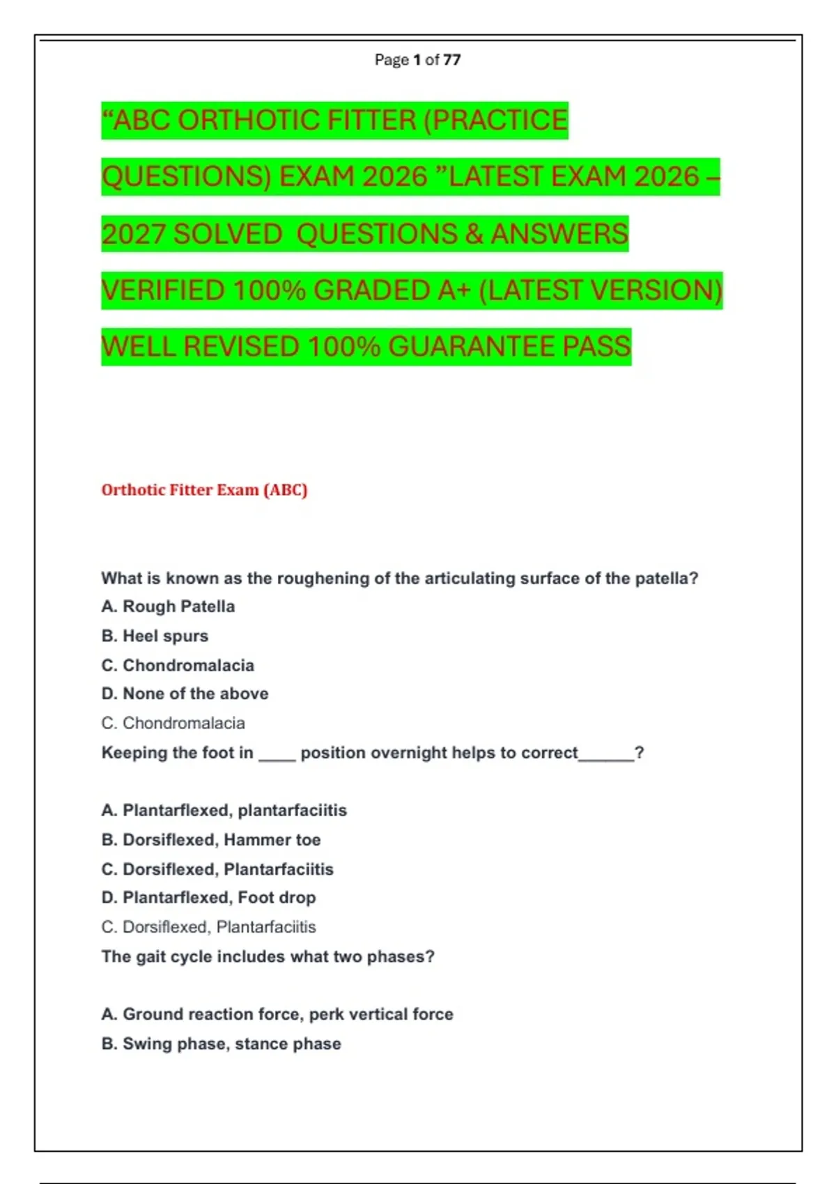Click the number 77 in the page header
[451, 60]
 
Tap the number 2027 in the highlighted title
[133, 234]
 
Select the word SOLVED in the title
[227, 234]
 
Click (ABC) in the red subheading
[285, 490]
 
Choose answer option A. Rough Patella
[168, 607]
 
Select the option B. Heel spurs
[155, 636]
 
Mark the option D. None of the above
[185, 694]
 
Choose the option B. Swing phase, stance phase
[221, 1044]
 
